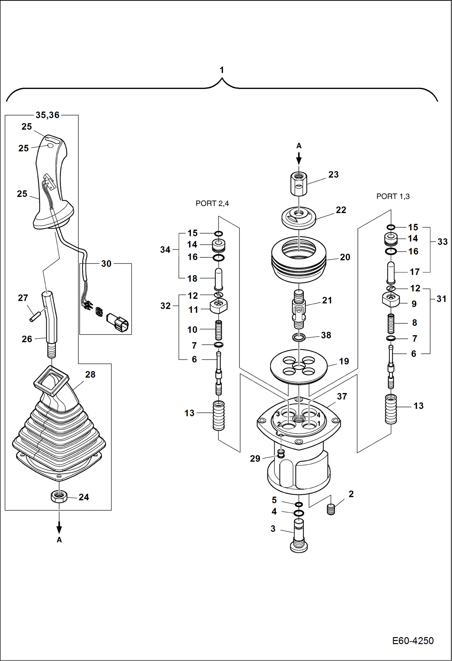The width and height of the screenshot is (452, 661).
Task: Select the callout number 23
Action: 333,175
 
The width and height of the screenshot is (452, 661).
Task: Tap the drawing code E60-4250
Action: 412,641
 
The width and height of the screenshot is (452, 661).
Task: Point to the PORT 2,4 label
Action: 212,203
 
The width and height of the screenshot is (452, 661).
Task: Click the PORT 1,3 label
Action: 393,197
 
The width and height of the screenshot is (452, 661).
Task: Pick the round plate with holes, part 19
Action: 299,366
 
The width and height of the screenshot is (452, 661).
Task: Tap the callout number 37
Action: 342,396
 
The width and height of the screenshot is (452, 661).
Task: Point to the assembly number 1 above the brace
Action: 222,70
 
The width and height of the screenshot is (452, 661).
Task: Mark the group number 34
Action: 165,250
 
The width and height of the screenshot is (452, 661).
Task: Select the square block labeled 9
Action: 391,299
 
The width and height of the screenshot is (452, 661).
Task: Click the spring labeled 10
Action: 218,330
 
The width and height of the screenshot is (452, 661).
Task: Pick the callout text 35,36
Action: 47,115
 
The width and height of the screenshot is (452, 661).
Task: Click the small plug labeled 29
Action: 281,454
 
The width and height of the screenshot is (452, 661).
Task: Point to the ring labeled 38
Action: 299,337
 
